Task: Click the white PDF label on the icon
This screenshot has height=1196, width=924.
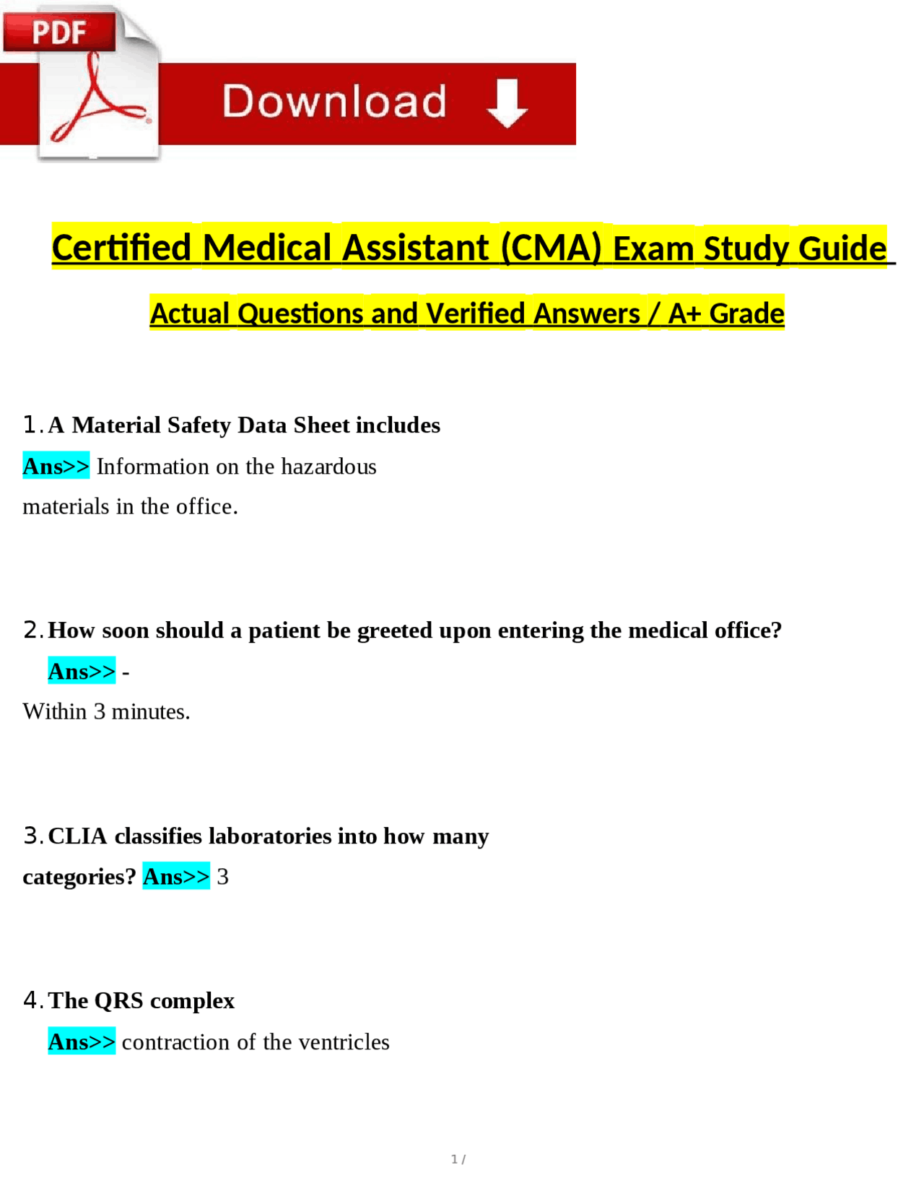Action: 59,32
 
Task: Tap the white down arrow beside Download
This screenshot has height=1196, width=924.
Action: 507,103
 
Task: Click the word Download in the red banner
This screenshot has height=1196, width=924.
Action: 334,101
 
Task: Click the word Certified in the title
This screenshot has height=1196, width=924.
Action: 121,248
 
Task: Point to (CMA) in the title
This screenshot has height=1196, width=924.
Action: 552,248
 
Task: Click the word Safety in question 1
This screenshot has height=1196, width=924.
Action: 199,425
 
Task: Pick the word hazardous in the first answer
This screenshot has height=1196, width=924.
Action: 328,467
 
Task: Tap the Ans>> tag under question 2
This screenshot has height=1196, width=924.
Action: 82,672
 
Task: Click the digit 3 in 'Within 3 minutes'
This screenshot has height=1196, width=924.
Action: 100,712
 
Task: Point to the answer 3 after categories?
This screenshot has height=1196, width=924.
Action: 223,877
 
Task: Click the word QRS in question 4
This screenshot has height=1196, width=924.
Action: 119,1001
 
